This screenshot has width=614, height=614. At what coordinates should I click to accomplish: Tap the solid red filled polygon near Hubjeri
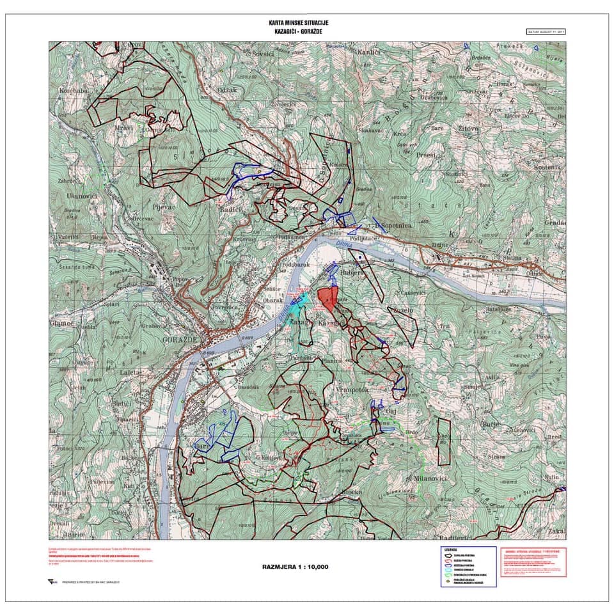(x=327, y=297)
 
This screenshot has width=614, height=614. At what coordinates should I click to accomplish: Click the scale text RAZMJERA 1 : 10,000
(x=295, y=567)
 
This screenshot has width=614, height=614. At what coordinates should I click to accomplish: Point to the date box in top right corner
(x=545, y=31)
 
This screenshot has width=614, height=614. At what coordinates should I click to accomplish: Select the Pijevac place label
(x=164, y=209)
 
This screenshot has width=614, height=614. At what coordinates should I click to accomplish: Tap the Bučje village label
(x=491, y=425)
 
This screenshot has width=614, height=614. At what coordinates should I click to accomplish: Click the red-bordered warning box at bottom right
(x=533, y=562)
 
